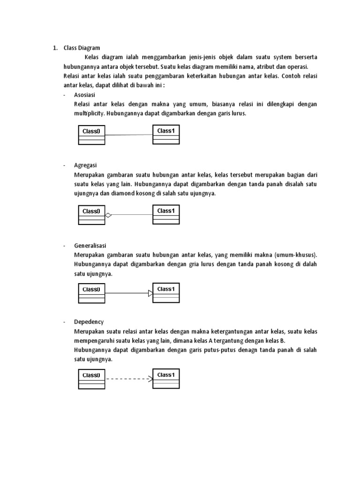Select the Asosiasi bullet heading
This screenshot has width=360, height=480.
pos(84,95)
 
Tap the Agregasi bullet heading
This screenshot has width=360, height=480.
pos(85,165)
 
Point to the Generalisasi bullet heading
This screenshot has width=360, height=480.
pos(90,246)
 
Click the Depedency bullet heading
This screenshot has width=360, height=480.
pos(89,322)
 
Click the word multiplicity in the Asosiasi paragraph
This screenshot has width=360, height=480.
pos(90,113)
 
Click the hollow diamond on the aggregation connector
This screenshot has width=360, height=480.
pos(108,215)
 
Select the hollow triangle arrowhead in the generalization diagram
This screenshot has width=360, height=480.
pos(150,293)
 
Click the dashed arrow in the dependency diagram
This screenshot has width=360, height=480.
pos(129,378)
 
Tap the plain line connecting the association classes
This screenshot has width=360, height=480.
pos(129,135)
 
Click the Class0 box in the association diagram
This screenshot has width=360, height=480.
pos(91,135)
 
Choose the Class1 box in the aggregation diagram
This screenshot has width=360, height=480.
pos(166,215)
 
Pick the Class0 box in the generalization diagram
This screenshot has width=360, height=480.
pos(91,293)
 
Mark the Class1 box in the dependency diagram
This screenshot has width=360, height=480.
pos(166,378)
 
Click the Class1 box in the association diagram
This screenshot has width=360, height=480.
pos(166,135)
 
